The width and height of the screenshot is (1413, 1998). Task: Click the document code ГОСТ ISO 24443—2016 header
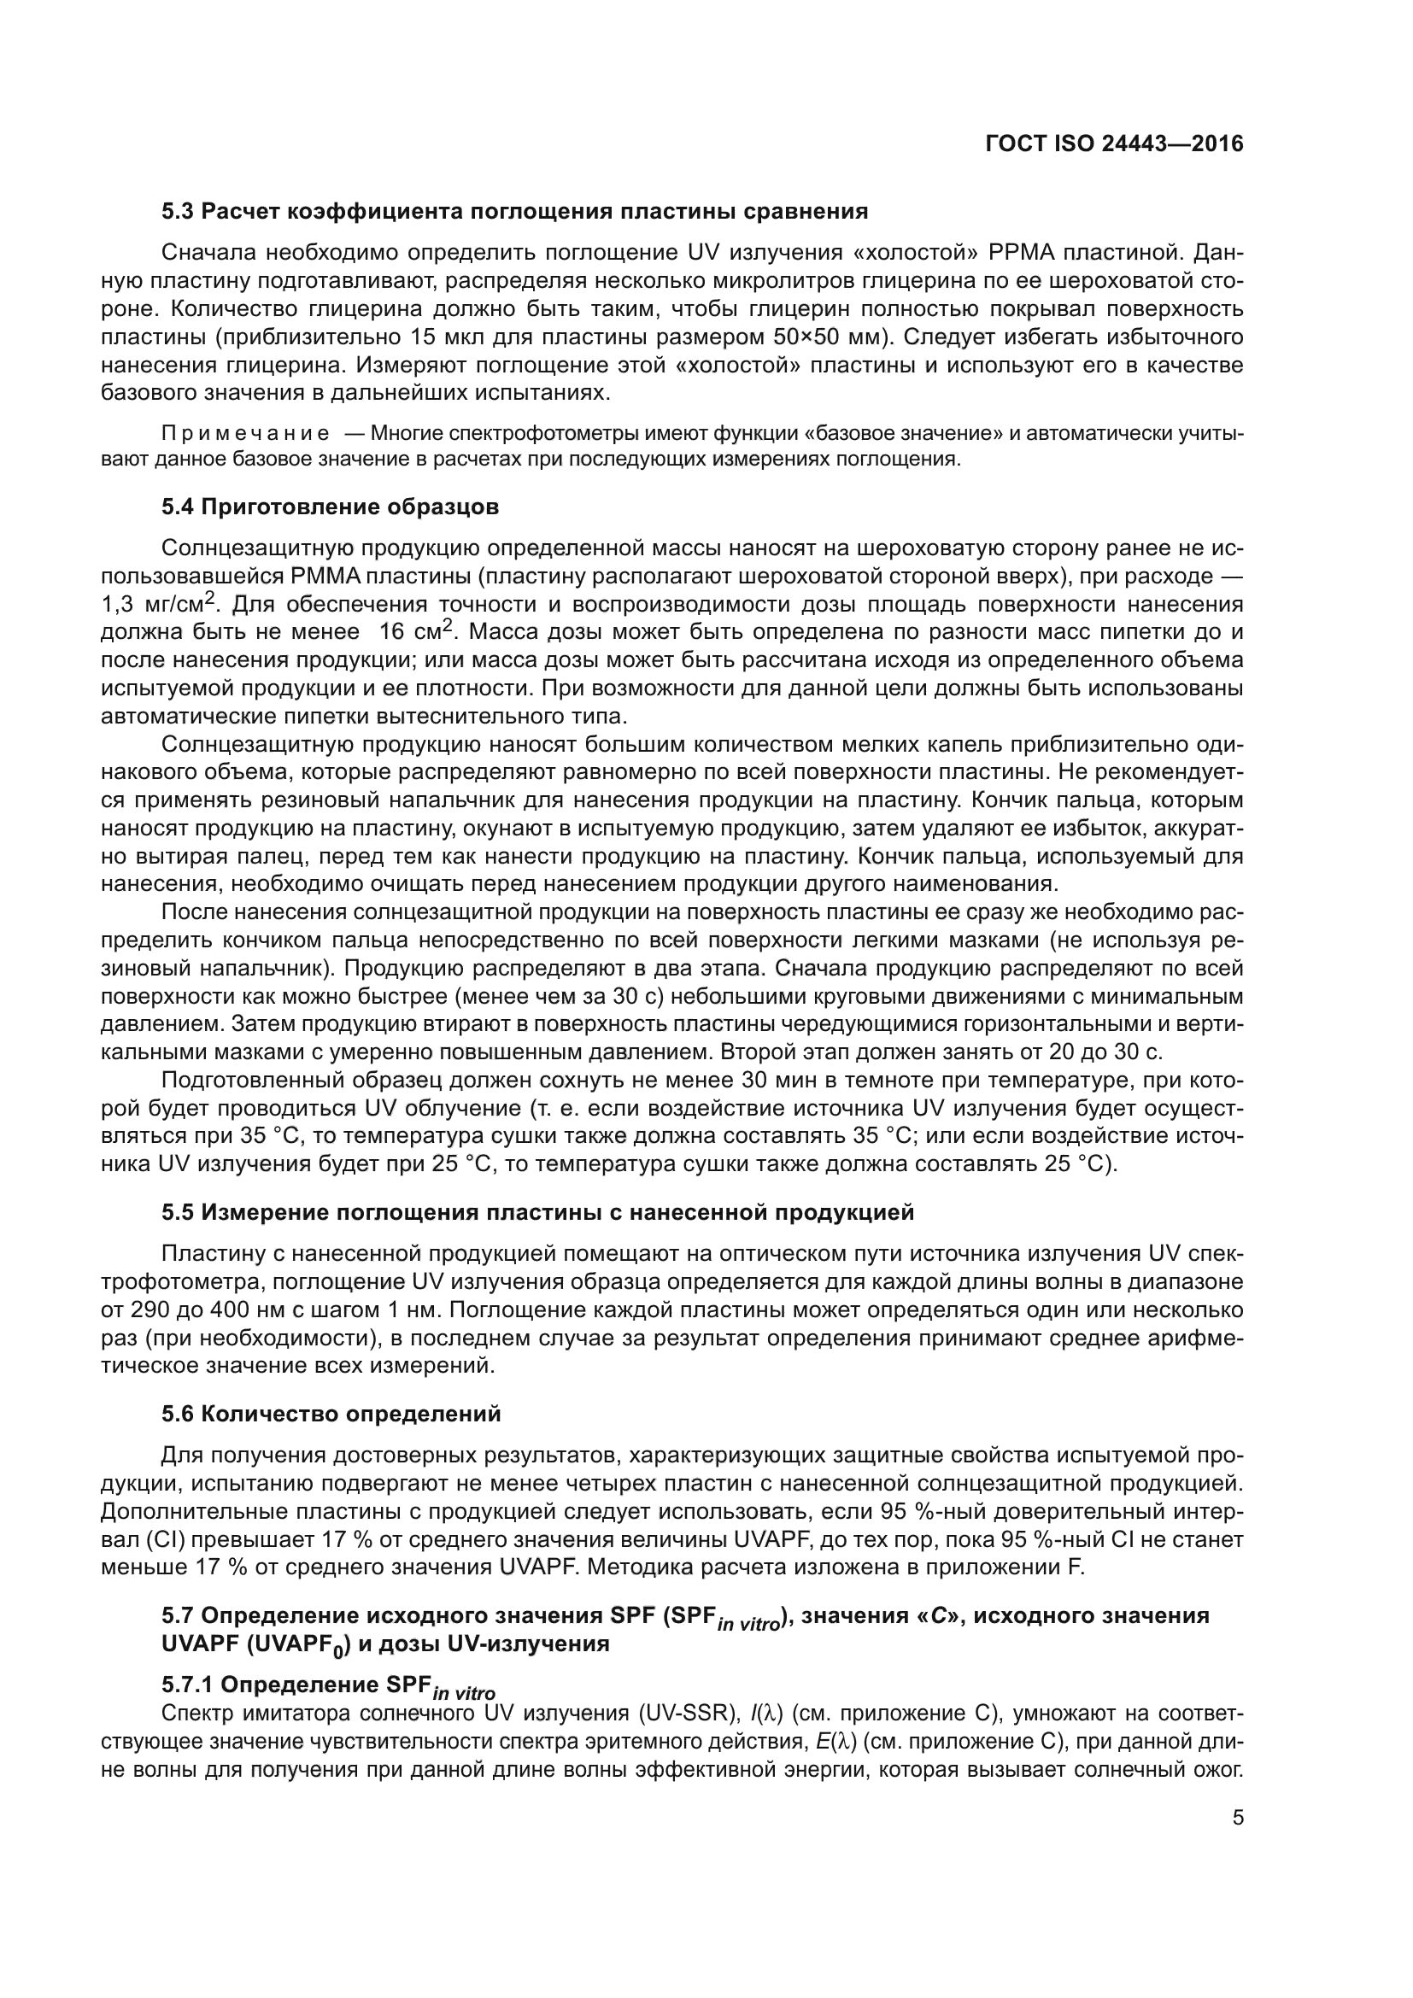[1114, 144]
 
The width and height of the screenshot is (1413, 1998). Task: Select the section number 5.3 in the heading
[179, 212]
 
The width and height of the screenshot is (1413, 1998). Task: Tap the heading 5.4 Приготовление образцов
[330, 507]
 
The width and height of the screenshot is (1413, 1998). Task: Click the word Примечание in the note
[244, 433]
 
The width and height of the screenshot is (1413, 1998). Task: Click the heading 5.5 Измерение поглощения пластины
[536, 1212]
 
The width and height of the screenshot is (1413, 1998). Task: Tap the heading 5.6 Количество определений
[331, 1414]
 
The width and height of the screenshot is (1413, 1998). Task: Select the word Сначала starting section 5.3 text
[208, 253]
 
